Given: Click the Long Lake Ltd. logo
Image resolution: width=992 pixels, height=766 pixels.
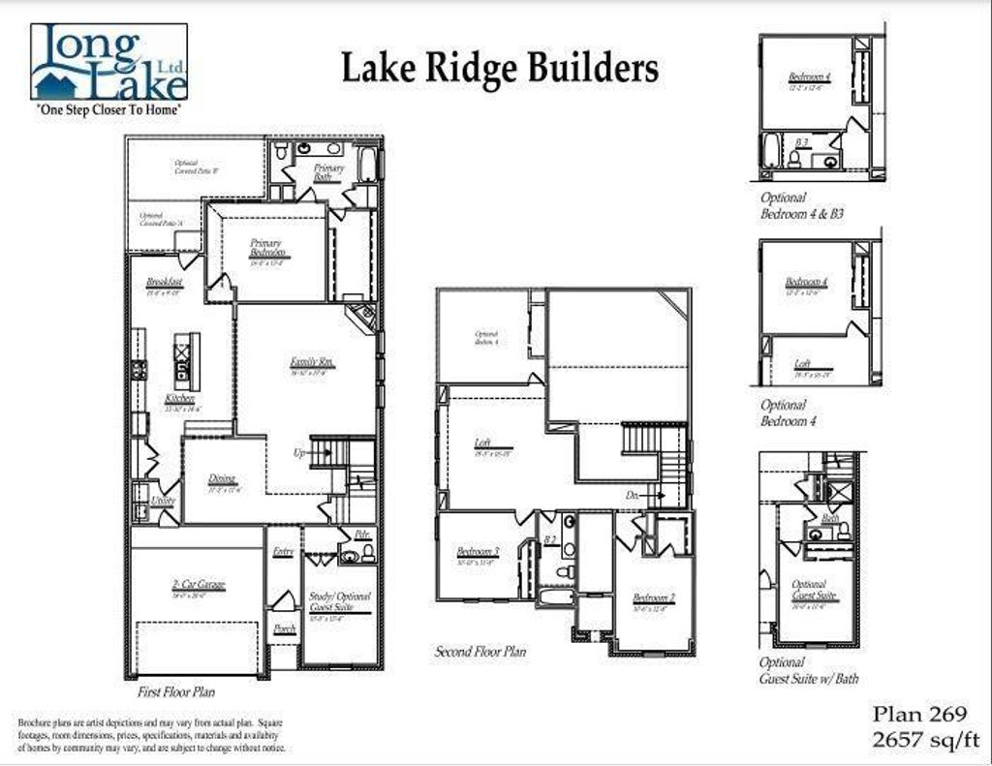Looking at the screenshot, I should coord(109,64).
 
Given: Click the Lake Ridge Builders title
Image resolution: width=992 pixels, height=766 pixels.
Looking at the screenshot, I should coord(500,69).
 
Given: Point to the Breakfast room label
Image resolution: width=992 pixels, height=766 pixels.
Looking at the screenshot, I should coord(165,283).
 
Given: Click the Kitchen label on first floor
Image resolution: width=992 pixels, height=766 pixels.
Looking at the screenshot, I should coord(179,399).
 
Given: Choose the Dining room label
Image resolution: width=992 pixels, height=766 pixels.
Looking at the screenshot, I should coord(223,478).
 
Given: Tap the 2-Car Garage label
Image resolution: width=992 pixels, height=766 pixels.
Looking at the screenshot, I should coord(199,585).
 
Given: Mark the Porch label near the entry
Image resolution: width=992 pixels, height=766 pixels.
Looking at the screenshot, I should coord(284,628).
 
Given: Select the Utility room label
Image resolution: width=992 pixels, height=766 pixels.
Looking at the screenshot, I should coord(163,501).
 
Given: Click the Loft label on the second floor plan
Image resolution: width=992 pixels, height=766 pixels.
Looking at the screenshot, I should coord(482,444).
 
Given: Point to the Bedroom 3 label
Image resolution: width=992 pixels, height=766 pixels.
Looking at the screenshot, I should coord(478,553).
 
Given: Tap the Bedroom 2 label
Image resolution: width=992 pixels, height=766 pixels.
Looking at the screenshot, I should coord(654,597).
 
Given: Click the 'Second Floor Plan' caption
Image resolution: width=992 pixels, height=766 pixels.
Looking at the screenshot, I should coord(480,652).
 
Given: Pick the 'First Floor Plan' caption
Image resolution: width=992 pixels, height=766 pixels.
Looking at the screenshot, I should coord(176,691).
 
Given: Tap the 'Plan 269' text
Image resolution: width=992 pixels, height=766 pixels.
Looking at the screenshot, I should coord(919,715).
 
